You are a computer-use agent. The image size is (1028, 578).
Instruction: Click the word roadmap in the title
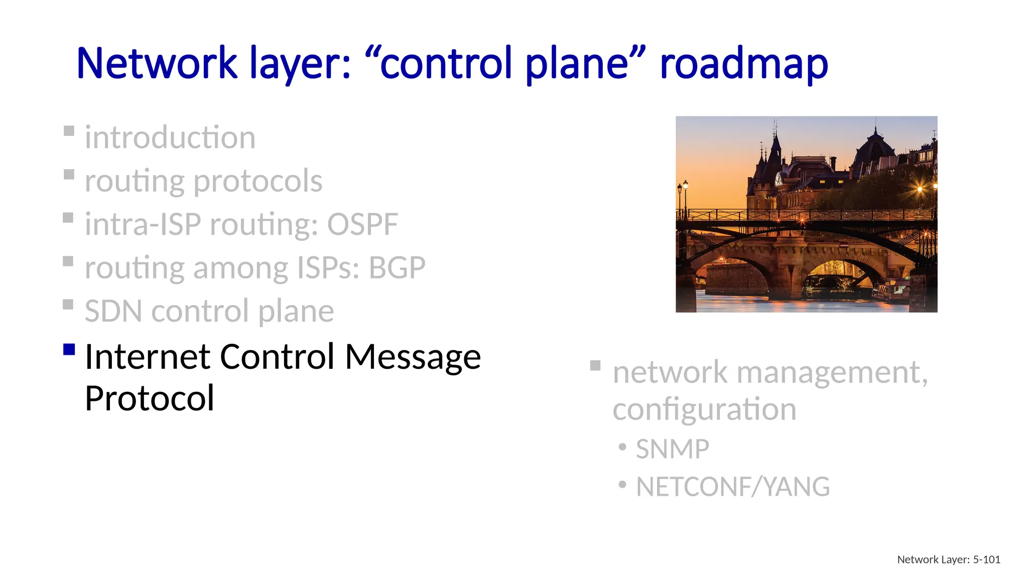coord(743,64)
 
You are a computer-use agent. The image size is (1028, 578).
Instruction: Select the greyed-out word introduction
coord(170,137)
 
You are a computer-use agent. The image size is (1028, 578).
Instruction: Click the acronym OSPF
coord(362,224)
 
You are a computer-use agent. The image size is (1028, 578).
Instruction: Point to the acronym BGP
coord(397,268)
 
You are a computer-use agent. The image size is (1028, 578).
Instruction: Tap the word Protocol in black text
coord(150,398)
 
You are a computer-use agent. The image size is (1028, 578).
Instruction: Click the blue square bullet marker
coord(69,349)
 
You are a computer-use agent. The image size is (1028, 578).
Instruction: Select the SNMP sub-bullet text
coord(672,449)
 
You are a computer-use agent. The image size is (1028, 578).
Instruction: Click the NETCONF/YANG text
coord(733,487)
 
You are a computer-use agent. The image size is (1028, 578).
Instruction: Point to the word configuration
coord(704,409)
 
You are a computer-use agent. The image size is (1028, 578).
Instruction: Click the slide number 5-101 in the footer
coord(986,559)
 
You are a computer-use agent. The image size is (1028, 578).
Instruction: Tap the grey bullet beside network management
coord(595,365)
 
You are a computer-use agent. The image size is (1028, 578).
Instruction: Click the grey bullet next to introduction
coord(69,131)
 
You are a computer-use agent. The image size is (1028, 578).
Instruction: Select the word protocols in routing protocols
coord(258,181)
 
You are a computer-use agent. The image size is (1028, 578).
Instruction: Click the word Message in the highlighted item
coord(413,357)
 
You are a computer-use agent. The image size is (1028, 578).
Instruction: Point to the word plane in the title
coord(577,64)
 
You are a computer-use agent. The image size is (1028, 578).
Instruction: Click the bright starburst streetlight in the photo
coord(920,189)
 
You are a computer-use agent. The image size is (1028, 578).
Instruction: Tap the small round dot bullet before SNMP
coord(622,446)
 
